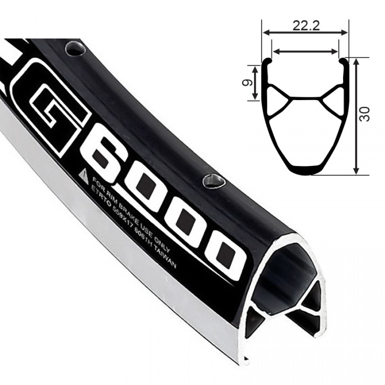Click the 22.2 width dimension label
click(305, 25)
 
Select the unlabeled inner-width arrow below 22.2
click(305, 51)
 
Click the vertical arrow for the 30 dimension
click(356, 115)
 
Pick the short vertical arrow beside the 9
click(255, 83)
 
